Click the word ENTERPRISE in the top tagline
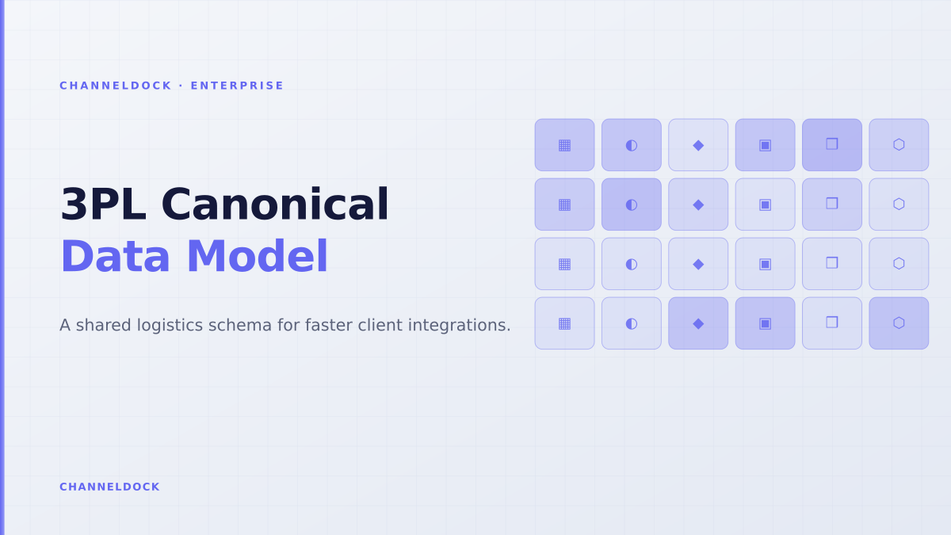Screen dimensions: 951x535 237,86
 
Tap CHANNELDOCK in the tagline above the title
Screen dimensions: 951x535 116,86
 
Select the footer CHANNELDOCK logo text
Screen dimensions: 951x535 109,487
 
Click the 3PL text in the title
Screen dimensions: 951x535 103,204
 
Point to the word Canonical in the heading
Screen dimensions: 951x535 275,204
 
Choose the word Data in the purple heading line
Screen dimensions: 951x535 115,257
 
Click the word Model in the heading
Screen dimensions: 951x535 258,257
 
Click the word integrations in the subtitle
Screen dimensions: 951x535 460,326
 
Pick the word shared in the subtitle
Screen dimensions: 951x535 104,326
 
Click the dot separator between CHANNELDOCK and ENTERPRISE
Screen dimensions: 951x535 181,86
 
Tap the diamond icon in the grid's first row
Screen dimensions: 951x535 698,145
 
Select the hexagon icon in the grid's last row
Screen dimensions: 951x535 899,323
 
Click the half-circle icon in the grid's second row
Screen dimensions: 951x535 632,204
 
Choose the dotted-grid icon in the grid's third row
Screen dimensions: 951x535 564,264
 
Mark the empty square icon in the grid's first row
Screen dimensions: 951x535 832,144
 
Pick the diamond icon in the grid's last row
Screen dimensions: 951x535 698,323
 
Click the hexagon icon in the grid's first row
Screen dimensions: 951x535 899,145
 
